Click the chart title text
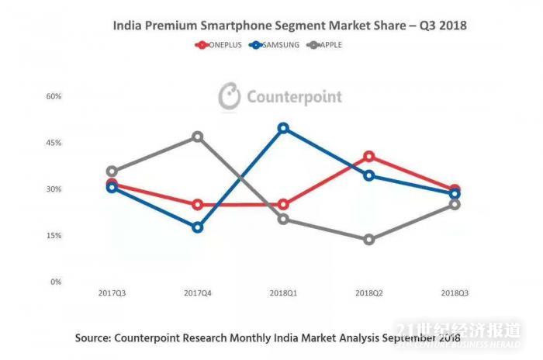289,26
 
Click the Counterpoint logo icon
230,96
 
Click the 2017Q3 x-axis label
112,293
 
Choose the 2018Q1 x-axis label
283,293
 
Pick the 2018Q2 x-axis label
368,293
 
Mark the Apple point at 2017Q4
198,137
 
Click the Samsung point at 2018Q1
283,128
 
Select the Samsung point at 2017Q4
198,227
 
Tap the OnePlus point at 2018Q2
369,157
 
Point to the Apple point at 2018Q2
369,240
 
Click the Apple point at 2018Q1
283,219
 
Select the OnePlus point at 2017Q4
198,205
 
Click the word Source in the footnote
94,338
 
